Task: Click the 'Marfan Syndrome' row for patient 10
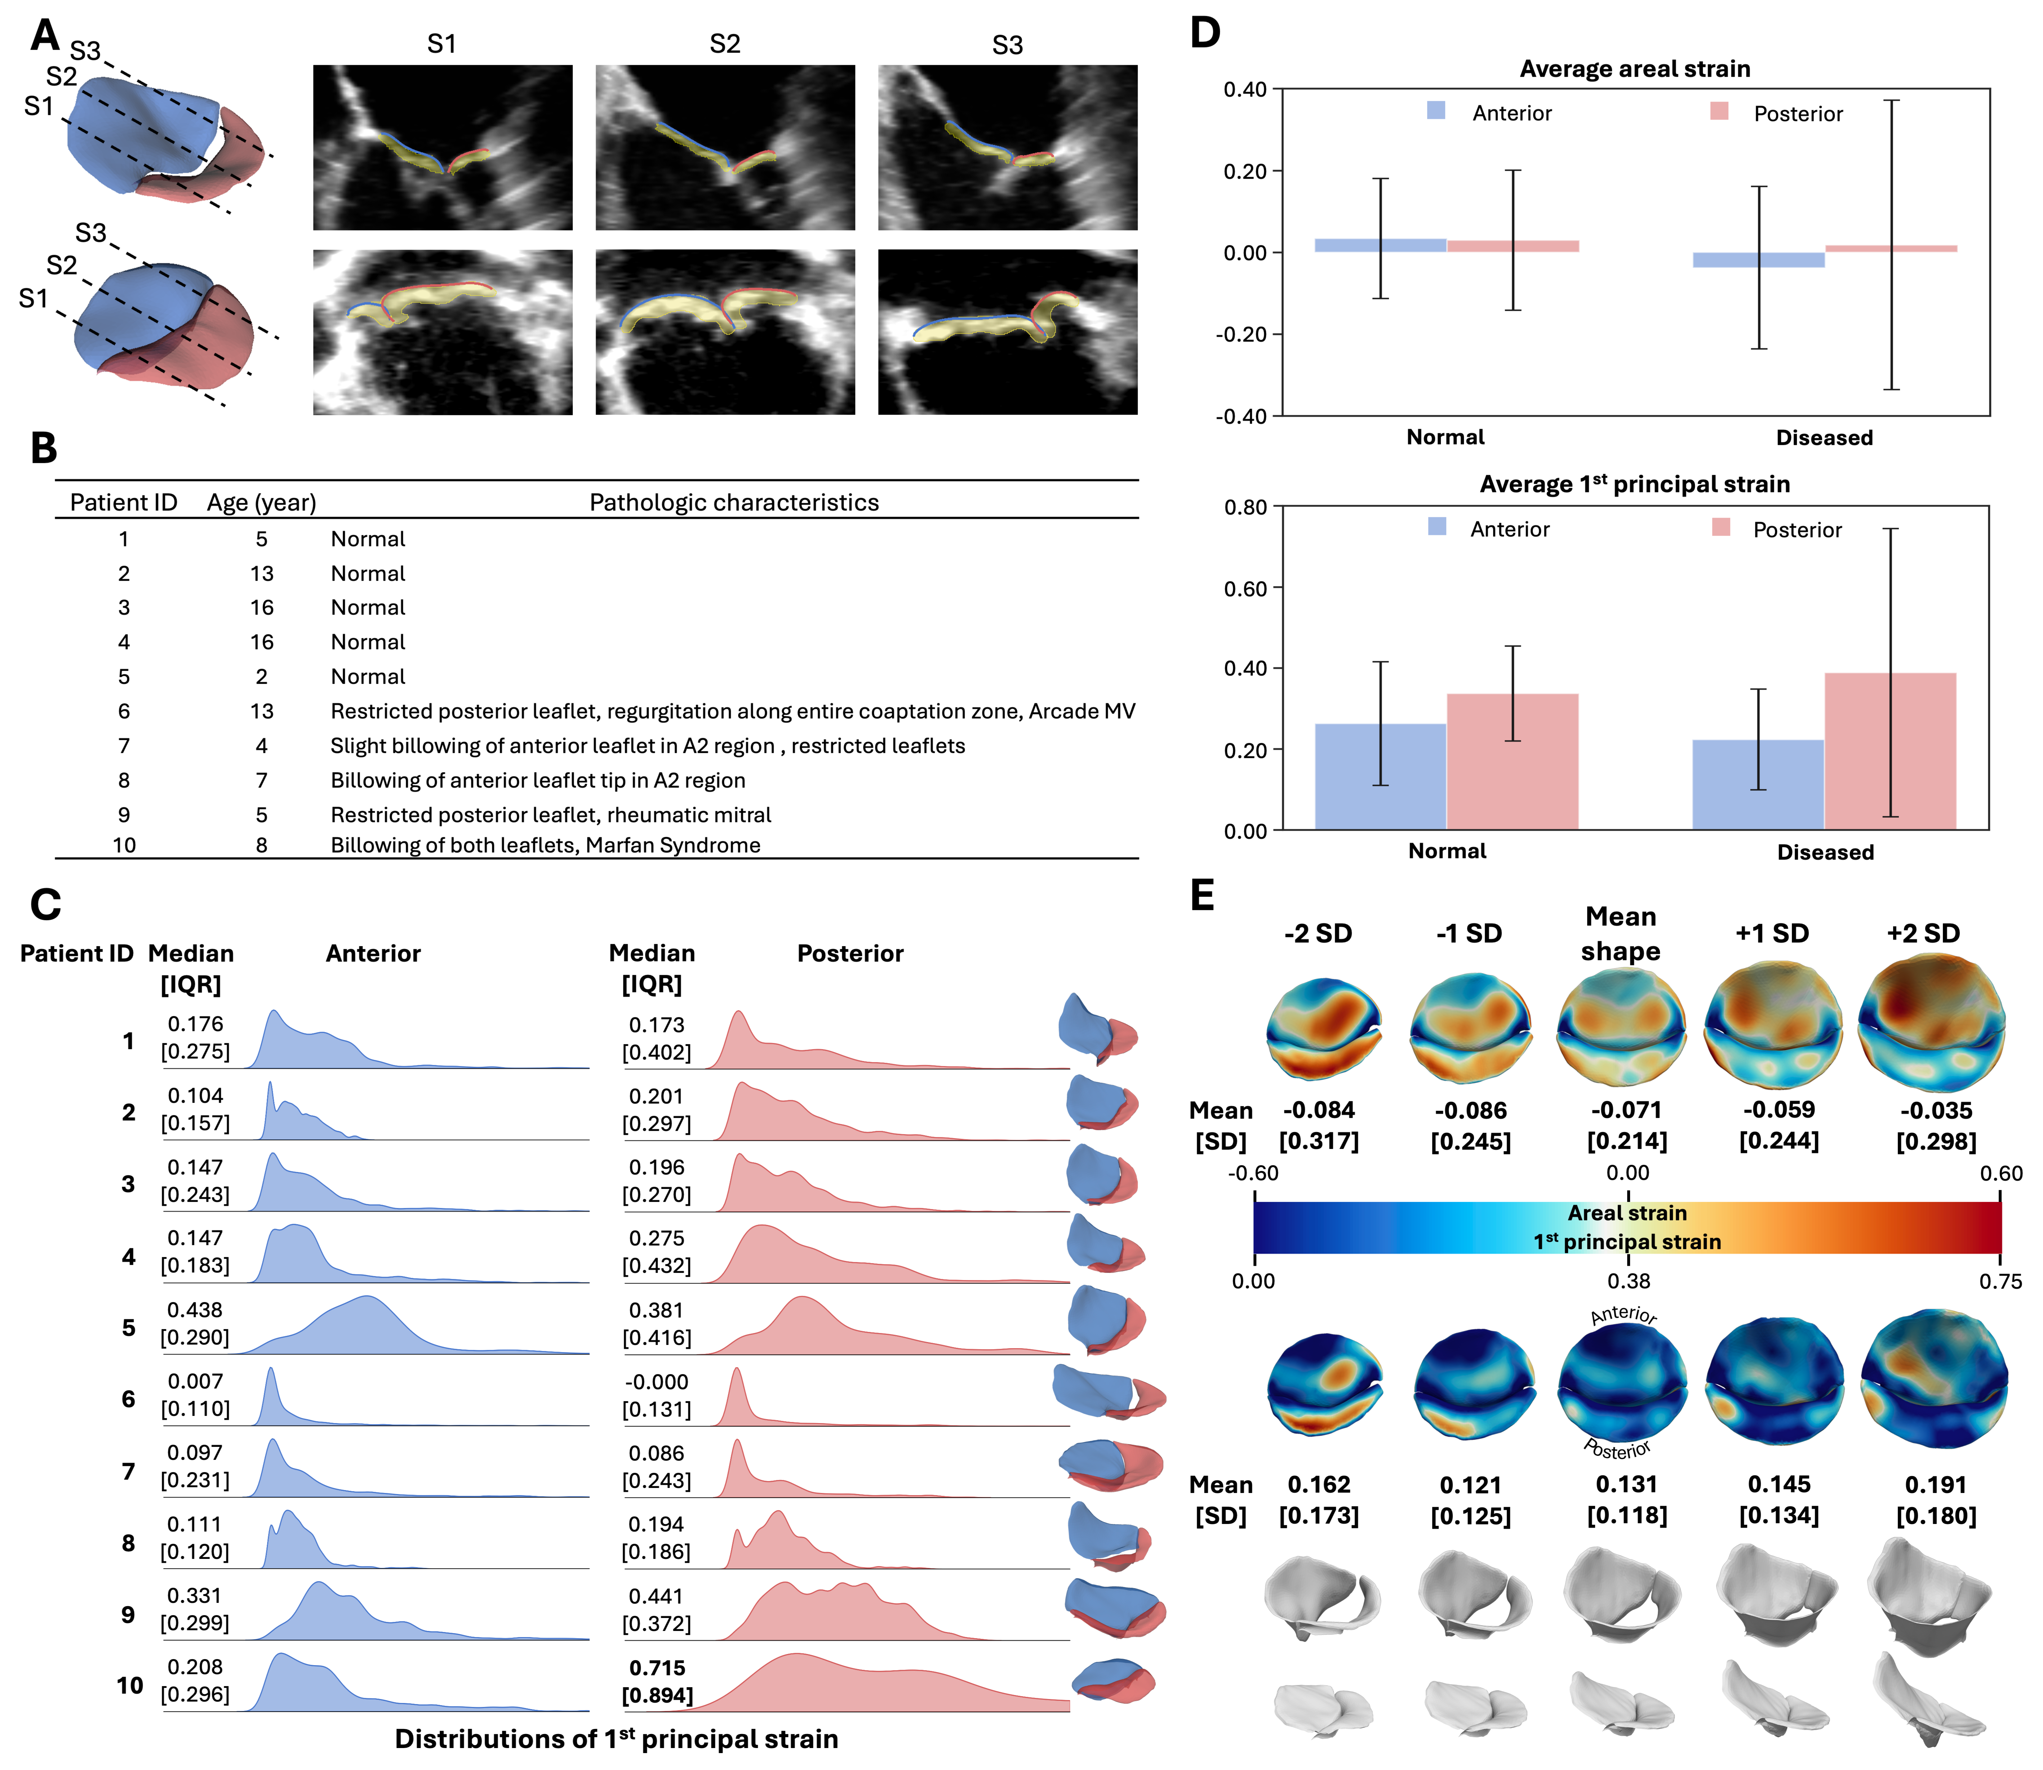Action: [x=545, y=846]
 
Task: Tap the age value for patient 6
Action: [x=262, y=711]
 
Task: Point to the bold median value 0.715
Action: [x=657, y=1668]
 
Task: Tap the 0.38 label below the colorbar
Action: [x=1628, y=1282]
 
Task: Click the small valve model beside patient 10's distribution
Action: [x=1113, y=1681]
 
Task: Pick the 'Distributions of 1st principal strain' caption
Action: [x=617, y=1739]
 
